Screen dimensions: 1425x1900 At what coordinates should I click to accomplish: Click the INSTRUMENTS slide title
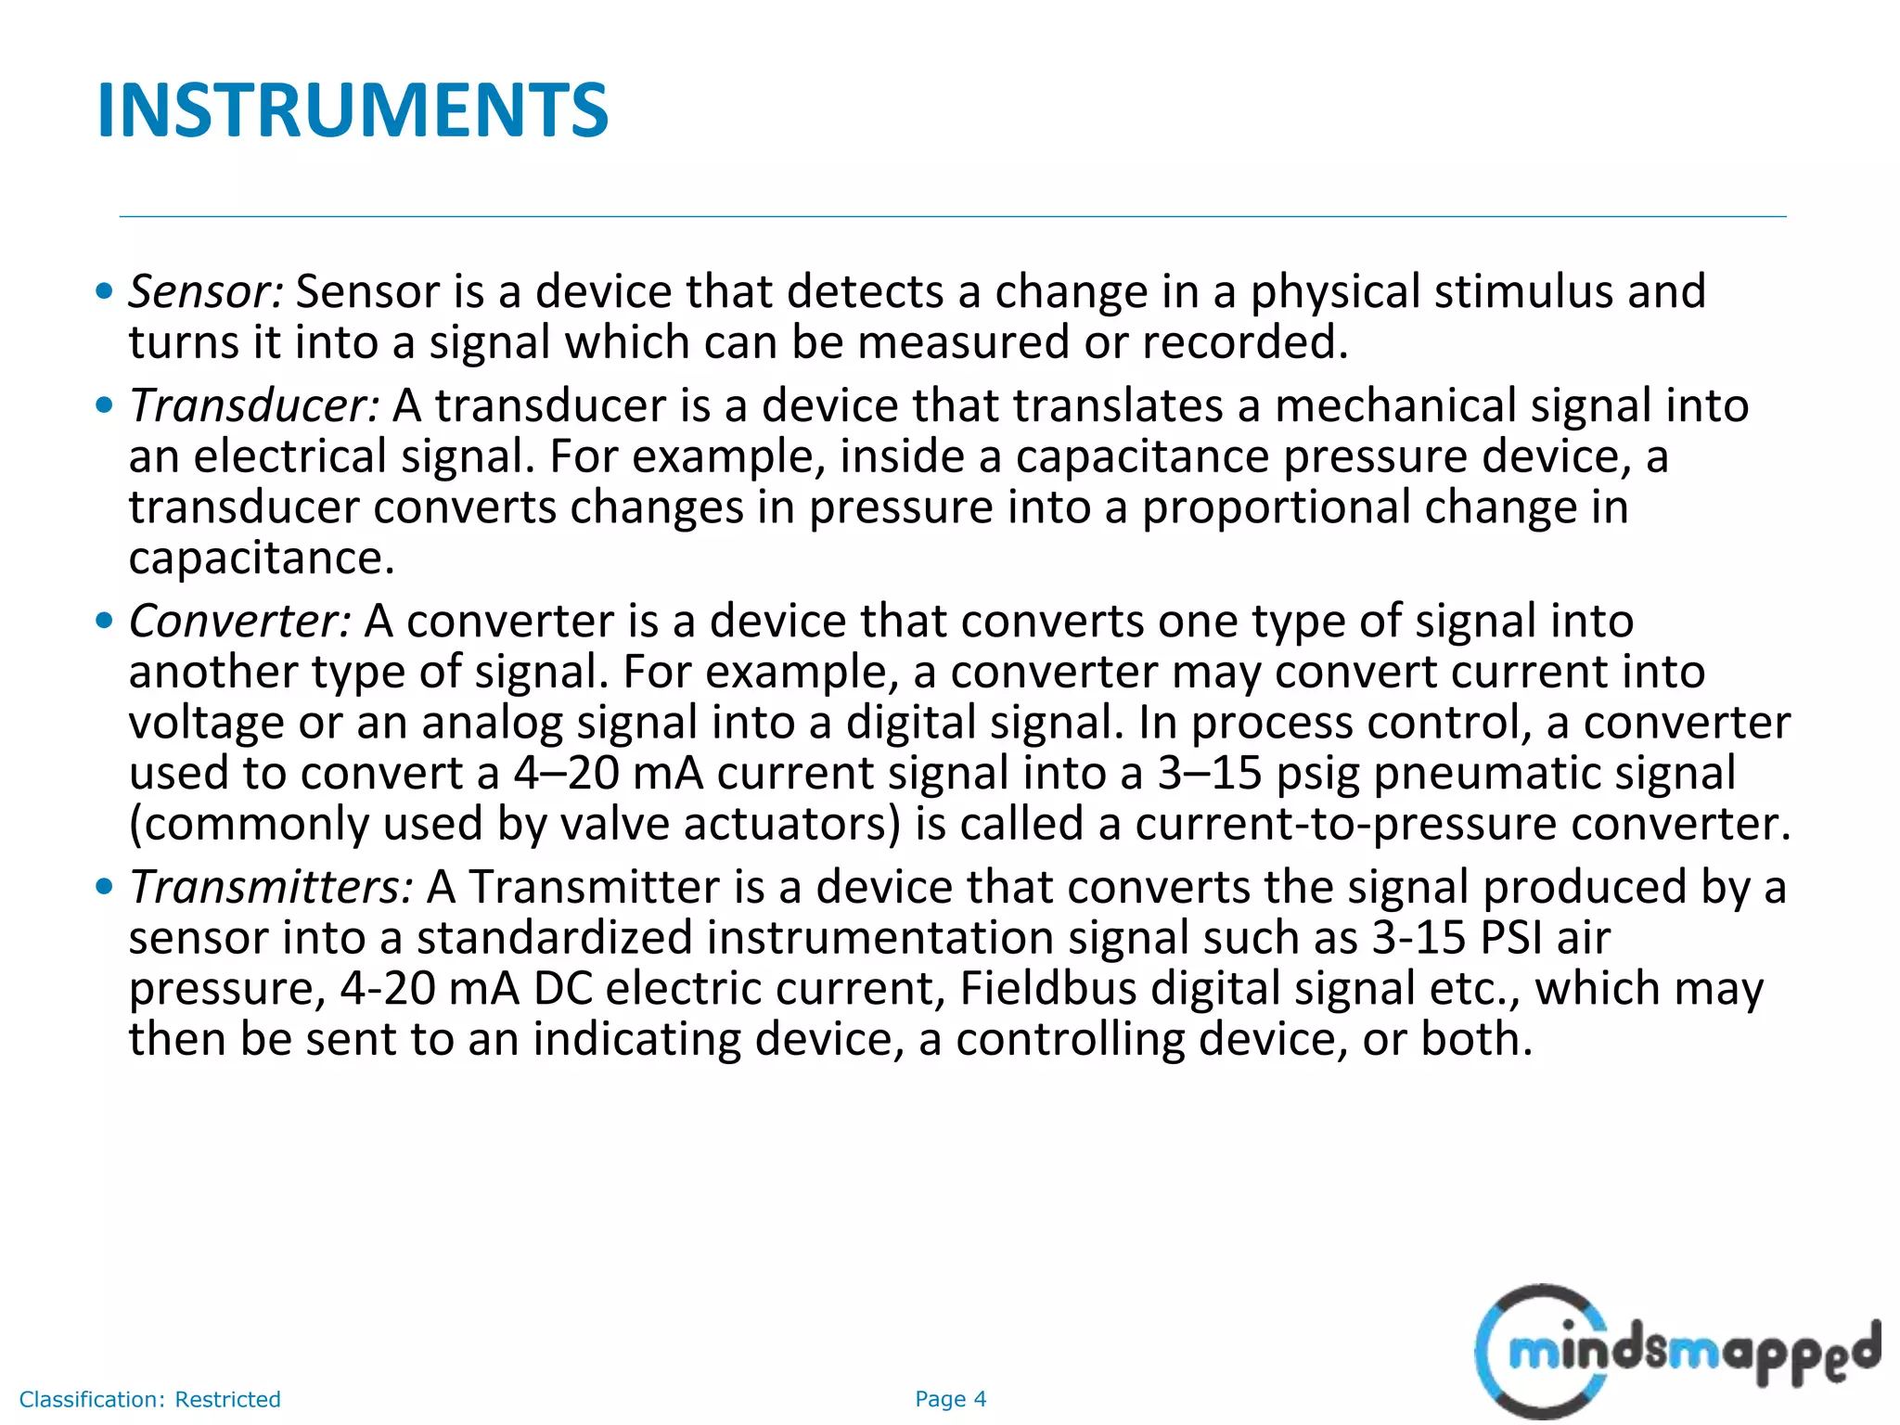pyautogui.click(x=353, y=110)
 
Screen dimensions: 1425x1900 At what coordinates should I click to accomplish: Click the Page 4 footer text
pyautogui.click(x=950, y=1399)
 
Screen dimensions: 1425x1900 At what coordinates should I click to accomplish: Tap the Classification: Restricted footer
pyautogui.click(x=150, y=1399)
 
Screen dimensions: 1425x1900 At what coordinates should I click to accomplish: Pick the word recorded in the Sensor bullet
pyautogui.click(x=1244, y=342)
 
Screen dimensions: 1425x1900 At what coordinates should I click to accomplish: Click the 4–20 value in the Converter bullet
pyautogui.click(x=566, y=773)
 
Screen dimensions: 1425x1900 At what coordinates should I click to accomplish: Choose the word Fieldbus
pyautogui.click(x=1047, y=988)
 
